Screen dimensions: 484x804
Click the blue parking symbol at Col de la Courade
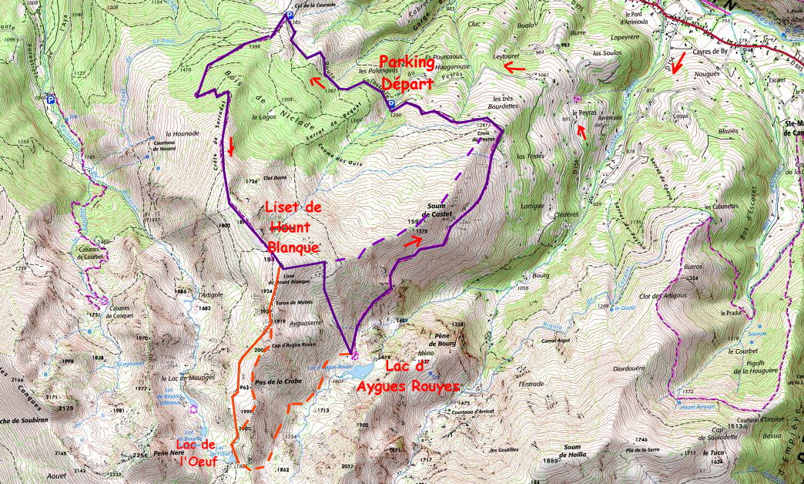289,15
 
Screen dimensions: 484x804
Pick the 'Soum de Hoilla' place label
571,451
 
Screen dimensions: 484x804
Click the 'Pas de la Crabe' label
277,381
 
